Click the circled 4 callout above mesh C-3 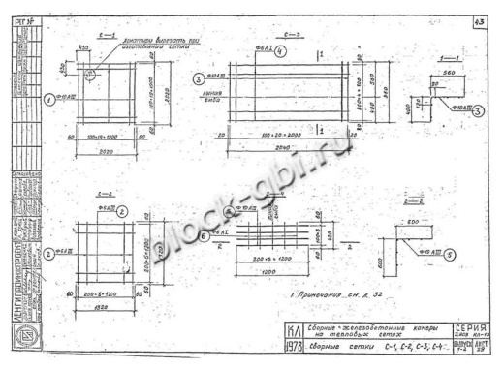pos(279,50)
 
